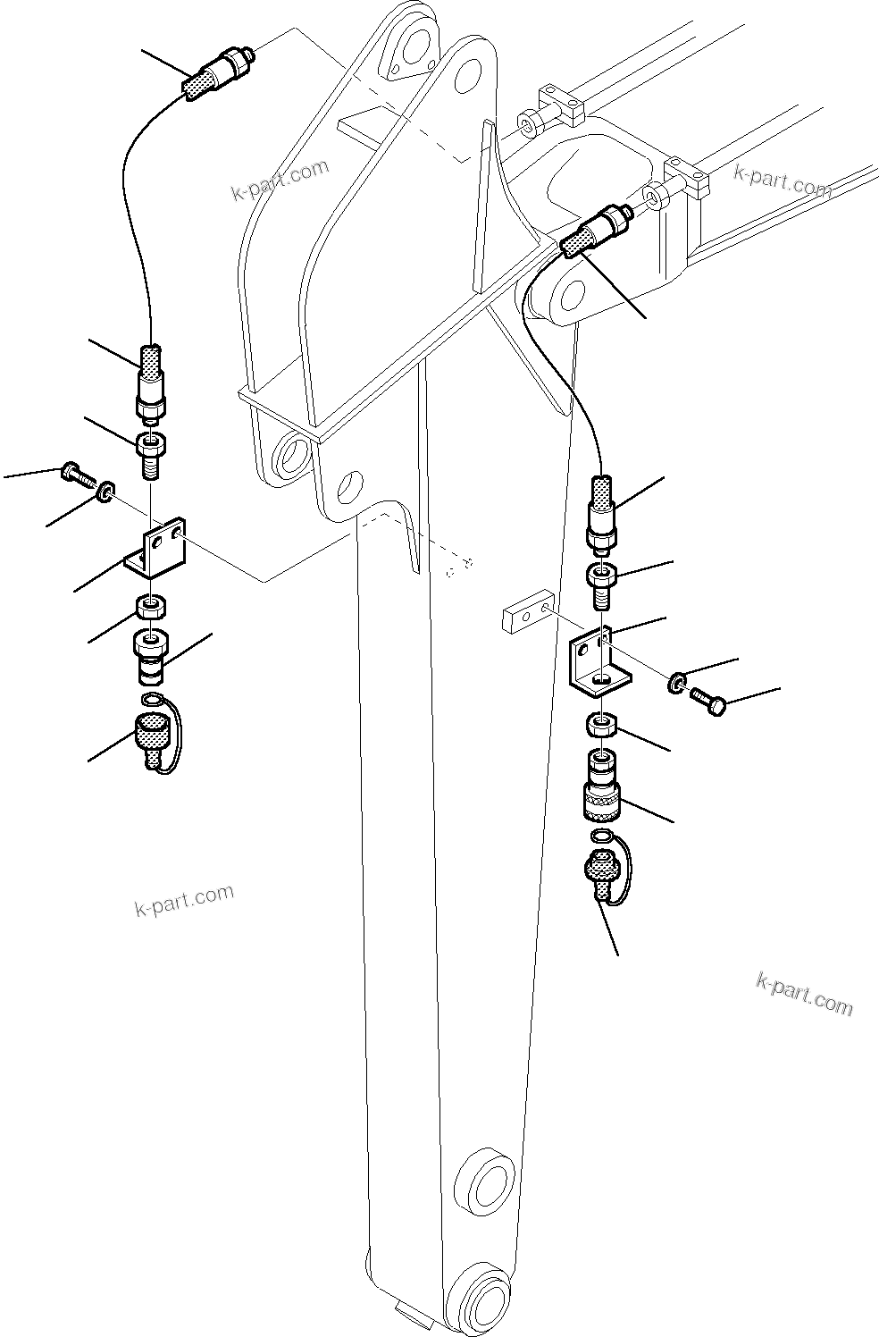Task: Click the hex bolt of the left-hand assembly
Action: [x=78, y=475]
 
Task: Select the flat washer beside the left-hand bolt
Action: [x=105, y=490]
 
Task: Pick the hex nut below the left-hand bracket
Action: [x=150, y=610]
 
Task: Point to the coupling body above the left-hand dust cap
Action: [x=149, y=655]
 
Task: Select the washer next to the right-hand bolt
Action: [x=677, y=685]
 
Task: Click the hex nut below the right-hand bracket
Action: [x=602, y=724]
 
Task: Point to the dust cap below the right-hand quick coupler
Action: [x=600, y=871]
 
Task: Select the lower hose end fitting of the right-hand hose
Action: [x=601, y=512]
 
